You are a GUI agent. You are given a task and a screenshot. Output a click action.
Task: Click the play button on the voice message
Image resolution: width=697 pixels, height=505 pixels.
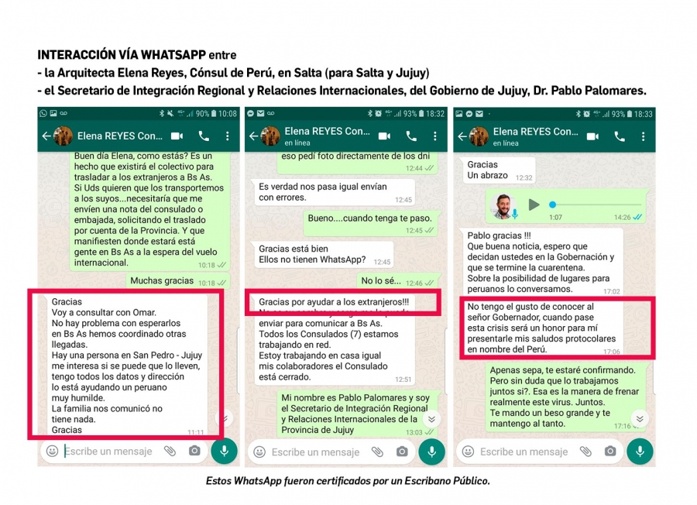tap(534, 205)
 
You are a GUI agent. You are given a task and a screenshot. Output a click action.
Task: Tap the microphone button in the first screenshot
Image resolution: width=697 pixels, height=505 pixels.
tap(224, 451)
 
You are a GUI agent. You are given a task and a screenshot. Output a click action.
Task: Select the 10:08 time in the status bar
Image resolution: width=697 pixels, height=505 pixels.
tap(227, 114)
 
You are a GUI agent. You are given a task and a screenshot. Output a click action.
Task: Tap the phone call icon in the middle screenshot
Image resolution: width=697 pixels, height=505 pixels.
tap(411, 136)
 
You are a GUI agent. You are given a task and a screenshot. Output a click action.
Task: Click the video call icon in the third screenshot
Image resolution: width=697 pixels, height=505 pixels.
tap(592, 136)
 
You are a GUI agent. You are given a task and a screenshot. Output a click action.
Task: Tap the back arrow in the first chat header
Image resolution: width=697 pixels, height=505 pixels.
tap(46, 136)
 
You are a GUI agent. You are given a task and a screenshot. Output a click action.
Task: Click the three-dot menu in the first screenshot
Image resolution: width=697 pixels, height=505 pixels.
tap(228, 136)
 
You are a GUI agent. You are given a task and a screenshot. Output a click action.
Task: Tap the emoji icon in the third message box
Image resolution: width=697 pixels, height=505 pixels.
tap(467, 451)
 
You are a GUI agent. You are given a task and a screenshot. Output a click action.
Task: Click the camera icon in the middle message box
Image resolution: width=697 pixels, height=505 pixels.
tap(402, 451)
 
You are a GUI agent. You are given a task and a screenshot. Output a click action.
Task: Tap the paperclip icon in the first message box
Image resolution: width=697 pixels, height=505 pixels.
tap(170, 451)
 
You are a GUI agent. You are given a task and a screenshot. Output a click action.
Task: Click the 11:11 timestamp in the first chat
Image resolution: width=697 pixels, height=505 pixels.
tap(195, 432)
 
